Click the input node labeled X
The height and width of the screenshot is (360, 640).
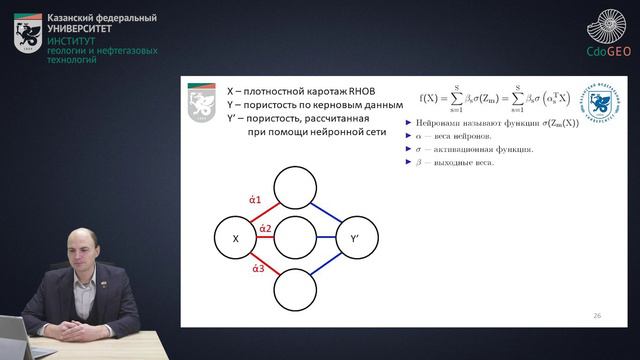[235, 239]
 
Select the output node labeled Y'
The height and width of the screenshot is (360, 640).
[354, 239]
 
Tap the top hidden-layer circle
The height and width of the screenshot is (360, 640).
[295, 186]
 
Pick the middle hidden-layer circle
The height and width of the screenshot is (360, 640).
[295, 239]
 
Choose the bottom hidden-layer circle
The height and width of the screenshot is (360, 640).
[295, 291]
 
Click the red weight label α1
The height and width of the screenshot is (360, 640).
[255, 199]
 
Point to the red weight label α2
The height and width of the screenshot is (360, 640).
[265, 229]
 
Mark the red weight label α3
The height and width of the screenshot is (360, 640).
[258, 269]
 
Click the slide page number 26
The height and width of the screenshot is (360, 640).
[597, 315]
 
